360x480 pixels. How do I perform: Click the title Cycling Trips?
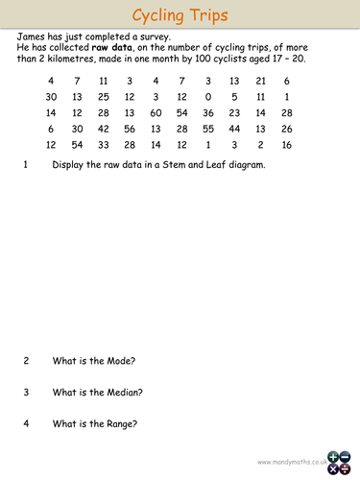pyautogui.click(x=180, y=15)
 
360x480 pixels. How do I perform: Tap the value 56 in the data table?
pyautogui.click(x=130, y=130)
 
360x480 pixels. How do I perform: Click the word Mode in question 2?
pyautogui.click(x=118, y=361)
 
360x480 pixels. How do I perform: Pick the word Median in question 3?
pyautogui.click(x=122, y=393)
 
